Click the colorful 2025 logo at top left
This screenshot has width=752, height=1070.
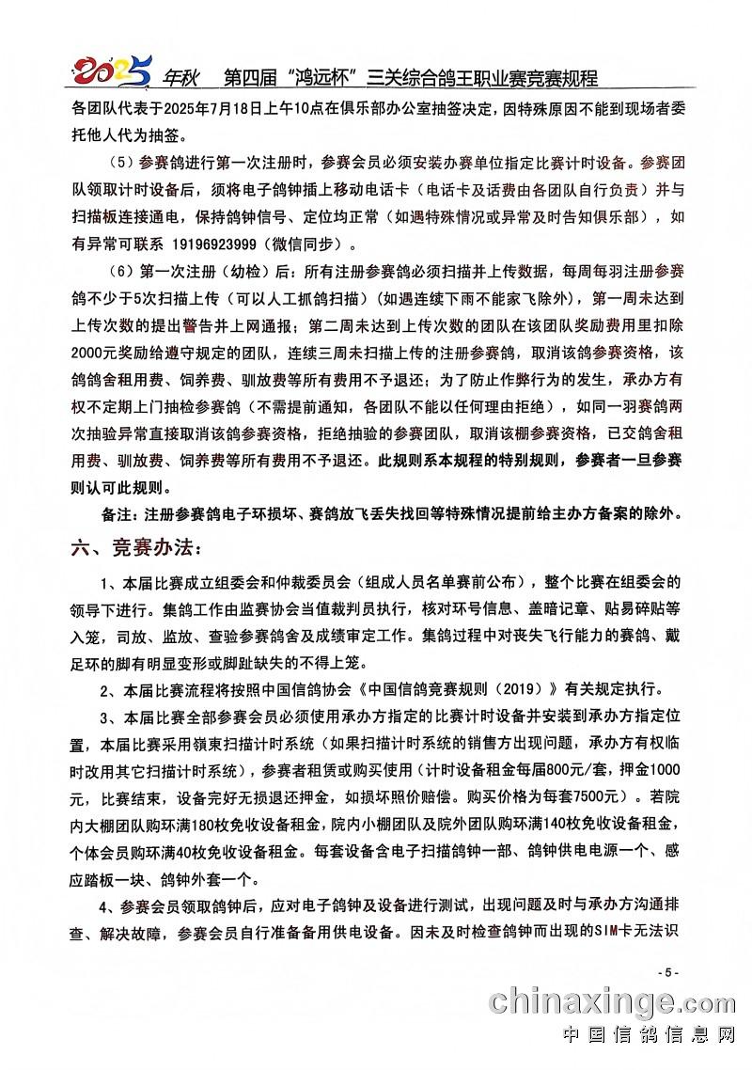point(113,68)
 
